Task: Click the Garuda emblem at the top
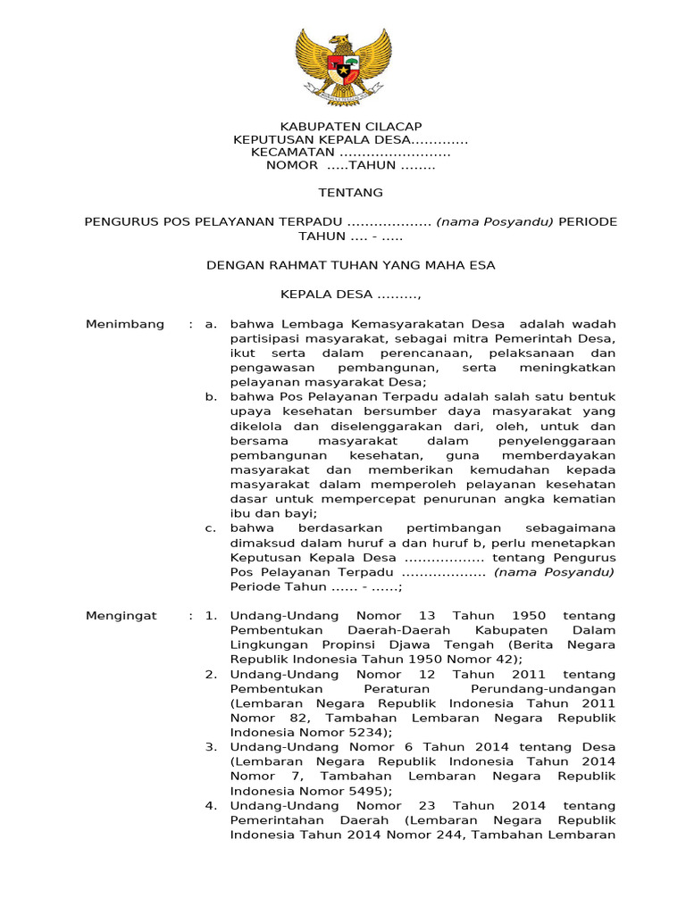[x=343, y=66]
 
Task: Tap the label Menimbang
[x=124, y=324]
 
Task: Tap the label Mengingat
[x=121, y=616]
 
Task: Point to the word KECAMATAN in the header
[x=292, y=153]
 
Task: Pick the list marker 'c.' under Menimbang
[x=211, y=528]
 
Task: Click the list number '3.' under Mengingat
[x=211, y=747]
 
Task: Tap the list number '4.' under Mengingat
[x=211, y=806]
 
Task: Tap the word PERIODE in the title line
[x=588, y=221]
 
